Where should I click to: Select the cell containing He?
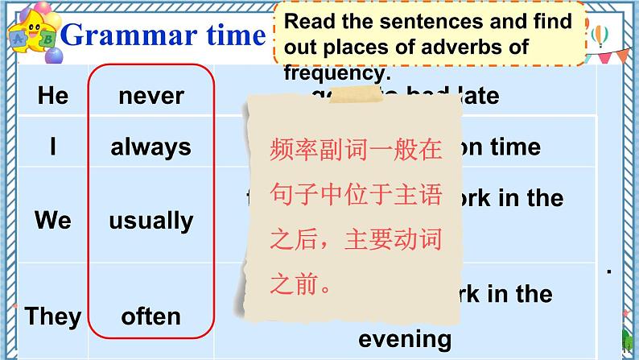(x=53, y=96)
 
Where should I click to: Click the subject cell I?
(x=53, y=147)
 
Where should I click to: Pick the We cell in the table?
(x=53, y=220)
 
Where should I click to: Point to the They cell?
(x=53, y=316)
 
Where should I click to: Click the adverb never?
(x=150, y=96)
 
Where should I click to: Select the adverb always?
(x=150, y=147)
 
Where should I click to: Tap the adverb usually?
(x=150, y=220)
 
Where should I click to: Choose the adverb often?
(x=150, y=316)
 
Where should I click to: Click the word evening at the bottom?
(x=405, y=338)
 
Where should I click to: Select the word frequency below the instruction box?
(x=337, y=72)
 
